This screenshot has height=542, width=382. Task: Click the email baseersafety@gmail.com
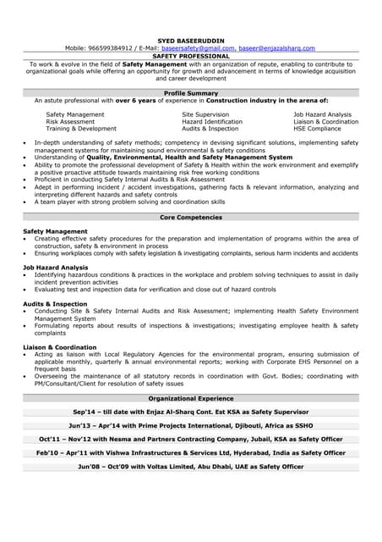click(x=198, y=48)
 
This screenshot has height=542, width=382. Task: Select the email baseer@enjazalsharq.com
click(x=276, y=48)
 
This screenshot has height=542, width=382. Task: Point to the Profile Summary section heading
click(x=190, y=92)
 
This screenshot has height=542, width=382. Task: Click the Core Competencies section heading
click(x=190, y=217)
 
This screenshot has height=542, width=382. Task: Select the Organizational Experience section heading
click(x=190, y=397)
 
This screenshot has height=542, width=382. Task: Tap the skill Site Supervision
click(x=205, y=114)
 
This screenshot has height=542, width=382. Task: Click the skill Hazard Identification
click(x=211, y=121)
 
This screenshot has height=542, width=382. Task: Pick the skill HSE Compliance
click(x=317, y=129)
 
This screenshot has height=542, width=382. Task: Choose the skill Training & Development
click(x=81, y=129)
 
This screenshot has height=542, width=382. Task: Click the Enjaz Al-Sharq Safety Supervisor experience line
click(x=190, y=412)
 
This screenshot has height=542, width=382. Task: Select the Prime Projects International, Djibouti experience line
click(x=190, y=425)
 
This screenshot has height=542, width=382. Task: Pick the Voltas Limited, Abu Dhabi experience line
click(x=190, y=467)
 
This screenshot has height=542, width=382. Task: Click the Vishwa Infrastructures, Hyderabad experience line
click(x=190, y=453)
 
